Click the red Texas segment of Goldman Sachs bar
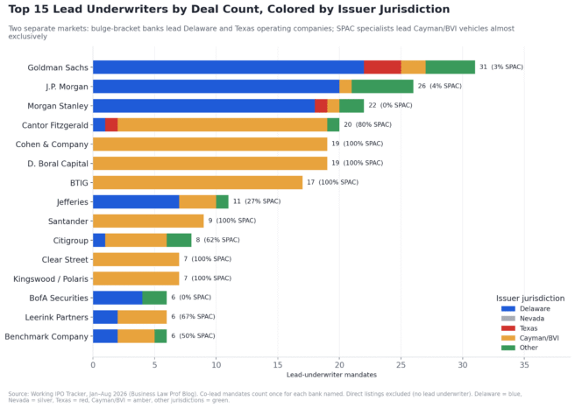(x=382, y=67)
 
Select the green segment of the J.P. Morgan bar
(x=382, y=87)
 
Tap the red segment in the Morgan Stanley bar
(x=321, y=105)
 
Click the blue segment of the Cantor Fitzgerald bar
(x=99, y=125)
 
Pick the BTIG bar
(x=198, y=182)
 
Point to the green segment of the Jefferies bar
(x=223, y=201)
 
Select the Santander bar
(x=148, y=221)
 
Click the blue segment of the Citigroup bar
(x=99, y=240)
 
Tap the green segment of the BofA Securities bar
(x=155, y=298)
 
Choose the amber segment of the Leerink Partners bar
(x=142, y=317)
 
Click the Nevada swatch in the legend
(x=508, y=319)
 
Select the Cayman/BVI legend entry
(x=530, y=338)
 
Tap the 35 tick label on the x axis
(x=524, y=365)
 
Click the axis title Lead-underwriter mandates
(x=331, y=375)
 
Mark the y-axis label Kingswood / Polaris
(x=51, y=278)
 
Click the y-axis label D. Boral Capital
(x=58, y=164)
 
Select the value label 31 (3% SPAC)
(x=501, y=67)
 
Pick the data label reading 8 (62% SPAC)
(x=218, y=240)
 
